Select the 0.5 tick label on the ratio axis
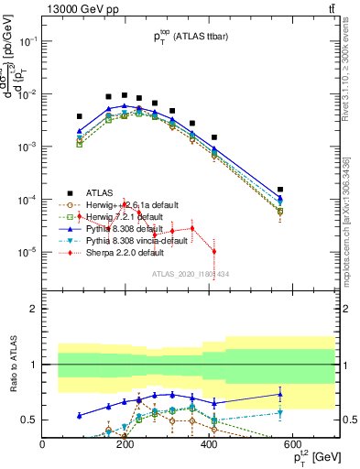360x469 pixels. pos(29,420)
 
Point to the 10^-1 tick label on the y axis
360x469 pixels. pos(26,41)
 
